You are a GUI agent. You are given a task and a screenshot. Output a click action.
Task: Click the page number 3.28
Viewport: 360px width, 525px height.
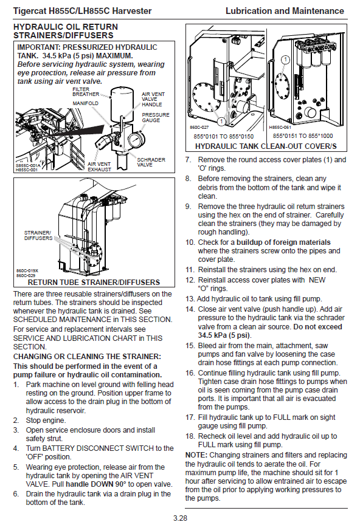pos(180,518)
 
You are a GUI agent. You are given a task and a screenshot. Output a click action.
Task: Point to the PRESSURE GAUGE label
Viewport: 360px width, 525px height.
pos(156,117)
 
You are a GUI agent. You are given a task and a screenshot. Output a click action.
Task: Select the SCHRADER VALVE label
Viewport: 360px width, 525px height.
pos(151,162)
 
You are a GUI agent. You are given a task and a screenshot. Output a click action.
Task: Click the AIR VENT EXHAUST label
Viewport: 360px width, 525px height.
pos(99,166)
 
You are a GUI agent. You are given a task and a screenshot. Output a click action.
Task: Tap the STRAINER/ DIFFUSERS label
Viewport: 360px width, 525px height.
pos(38,235)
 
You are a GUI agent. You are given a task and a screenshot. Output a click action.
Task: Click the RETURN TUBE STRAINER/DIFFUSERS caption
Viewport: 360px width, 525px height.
pos(94,283)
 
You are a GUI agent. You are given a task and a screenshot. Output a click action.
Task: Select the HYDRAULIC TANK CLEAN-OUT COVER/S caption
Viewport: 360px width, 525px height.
pos(266,146)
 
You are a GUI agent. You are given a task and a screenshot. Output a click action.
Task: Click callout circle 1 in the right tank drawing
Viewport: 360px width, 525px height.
pos(285,60)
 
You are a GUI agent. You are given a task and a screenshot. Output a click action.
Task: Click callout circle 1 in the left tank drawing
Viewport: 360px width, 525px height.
pos(221,121)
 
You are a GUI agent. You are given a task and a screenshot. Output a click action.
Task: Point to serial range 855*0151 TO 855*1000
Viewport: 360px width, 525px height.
pos(303,136)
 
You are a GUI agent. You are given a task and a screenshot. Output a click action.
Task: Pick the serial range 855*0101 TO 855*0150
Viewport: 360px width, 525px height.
pos(224,136)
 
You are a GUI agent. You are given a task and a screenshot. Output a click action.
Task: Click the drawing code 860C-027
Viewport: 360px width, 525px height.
pos(199,127)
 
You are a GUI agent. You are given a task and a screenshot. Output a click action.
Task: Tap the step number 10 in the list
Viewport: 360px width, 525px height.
pos(190,242)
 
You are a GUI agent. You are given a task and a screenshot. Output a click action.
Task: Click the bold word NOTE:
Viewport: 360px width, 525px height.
pos(196,455)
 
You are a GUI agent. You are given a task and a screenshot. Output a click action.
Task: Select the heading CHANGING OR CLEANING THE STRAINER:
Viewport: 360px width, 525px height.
pos(87,356)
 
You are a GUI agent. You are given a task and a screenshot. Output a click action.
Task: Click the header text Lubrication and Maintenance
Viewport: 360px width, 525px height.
pos(285,11)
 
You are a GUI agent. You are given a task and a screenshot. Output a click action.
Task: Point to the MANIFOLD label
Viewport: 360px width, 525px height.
pos(86,103)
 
